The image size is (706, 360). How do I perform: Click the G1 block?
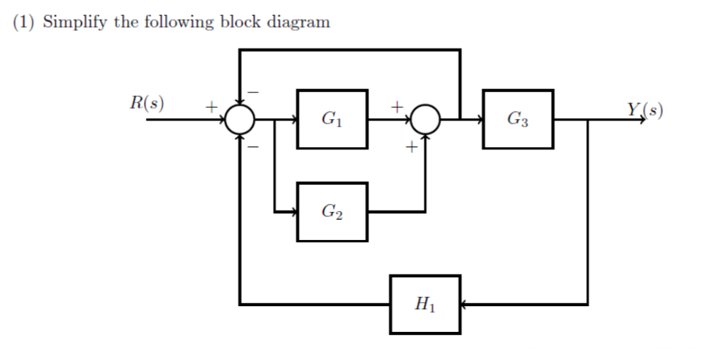[x=332, y=119]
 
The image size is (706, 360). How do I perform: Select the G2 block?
[x=332, y=212]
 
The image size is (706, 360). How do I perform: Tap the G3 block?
[x=518, y=119]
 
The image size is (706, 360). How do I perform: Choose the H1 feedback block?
[x=425, y=305]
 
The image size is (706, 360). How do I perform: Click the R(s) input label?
[x=146, y=103]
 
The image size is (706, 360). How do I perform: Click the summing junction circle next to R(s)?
[x=239, y=120]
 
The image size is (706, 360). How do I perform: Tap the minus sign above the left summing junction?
[x=252, y=92]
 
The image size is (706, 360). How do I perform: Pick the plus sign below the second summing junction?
[x=411, y=148]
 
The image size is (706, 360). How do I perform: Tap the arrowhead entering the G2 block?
[x=293, y=212]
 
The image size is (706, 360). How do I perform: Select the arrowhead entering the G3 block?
[x=479, y=120]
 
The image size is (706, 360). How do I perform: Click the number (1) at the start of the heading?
[x=24, y=22]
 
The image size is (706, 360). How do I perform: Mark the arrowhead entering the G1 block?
[x=293, y=120]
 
